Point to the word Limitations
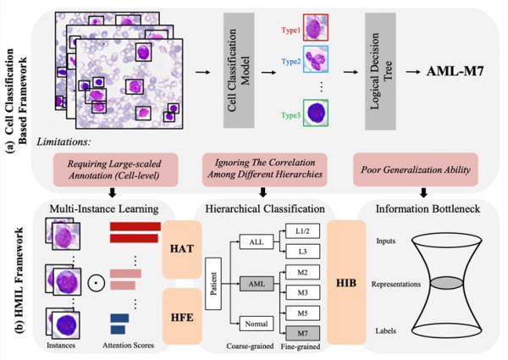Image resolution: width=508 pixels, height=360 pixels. [79, 143]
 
